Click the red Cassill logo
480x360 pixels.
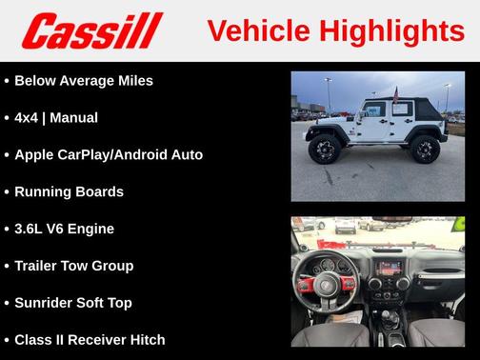(x=92, y=30)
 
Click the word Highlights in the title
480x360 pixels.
(x=391, y=30)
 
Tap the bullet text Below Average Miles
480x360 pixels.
(x=84, y=80)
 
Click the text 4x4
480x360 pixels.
(x=28, y=117)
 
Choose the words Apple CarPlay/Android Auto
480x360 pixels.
(x=109, y=154)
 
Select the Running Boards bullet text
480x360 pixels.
(x=70, y=191)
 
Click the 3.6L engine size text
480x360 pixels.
(x=33, y=229)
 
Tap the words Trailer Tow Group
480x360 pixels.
(x=74, y=266)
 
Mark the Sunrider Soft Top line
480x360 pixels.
(x=73, y=303)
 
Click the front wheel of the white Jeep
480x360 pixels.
(x=324, y=150)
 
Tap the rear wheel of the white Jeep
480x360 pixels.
(x=425, y=149)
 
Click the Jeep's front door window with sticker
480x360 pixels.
(x=373, y=110)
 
